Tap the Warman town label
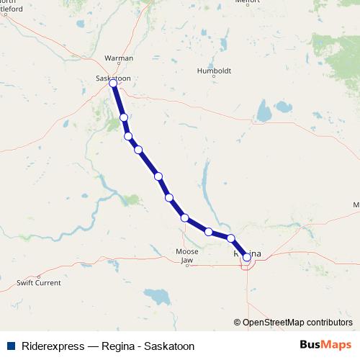pos(119,57)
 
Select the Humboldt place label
pos(215,71)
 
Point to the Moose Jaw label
pos(187,255)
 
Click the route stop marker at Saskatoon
pos(113,84)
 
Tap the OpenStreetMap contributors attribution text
pos(297,322)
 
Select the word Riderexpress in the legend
pos(51,346)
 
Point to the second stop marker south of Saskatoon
pos(128,136)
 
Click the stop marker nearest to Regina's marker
pos(231,238)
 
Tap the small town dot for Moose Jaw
pos(187,265)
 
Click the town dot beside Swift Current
pos(39,276)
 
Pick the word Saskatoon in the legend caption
pos(170,346)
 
